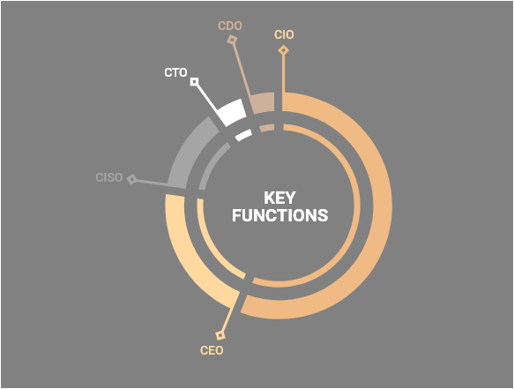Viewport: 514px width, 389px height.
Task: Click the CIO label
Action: pyautogui.click(x=284, y=34)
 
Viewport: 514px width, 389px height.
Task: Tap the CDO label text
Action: pyautogui.click(x=230, y=26)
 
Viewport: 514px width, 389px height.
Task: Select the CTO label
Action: pyautogui.click(x=175, y=72)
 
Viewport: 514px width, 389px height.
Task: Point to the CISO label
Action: pyautogui.click(x=109, y=177)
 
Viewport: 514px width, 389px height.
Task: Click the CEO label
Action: pyautogui.click(x=212, y=350)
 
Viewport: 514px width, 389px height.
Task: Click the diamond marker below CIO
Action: pyautogui.click(x=284, y=50)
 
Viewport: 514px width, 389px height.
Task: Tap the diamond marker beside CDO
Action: pyautogui.click(x=232, y=40)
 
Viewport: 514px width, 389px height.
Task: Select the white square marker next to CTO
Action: pyautogui.click(x=194, y=82)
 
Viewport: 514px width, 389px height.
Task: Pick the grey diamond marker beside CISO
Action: pyautogui.click(x=131, y=179)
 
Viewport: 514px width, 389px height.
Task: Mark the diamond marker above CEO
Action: pyautogui.click(x=220, y=335)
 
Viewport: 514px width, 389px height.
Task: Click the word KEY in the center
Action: pyautogui.click(x=279, y=198)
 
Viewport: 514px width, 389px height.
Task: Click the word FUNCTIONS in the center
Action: pyautogui.click(x=280, y=215)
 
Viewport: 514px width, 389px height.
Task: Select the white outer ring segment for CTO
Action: pyautogui.click(x=233, y=111)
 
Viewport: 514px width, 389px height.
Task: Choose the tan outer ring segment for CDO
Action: pyautogui.click(x=263, y=102)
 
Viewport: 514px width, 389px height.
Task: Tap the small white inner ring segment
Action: pyautogui.click(x=244, y=134)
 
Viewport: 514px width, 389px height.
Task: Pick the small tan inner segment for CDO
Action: pyautogui.click(x=267, y=128)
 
